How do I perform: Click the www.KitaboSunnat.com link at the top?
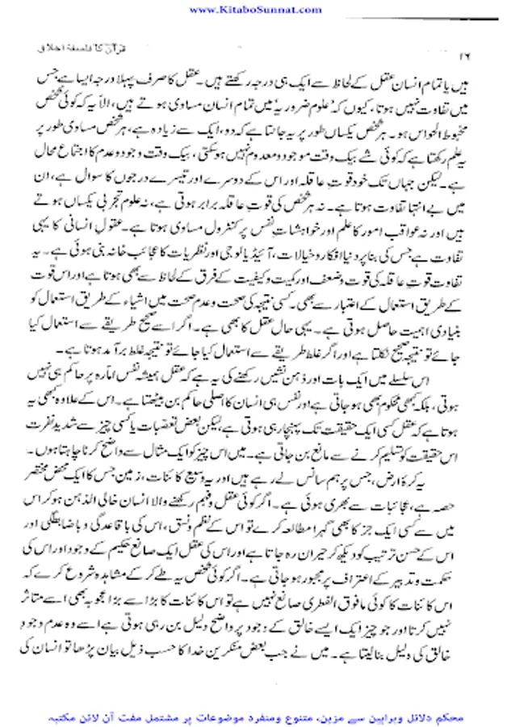tap(255, 9)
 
